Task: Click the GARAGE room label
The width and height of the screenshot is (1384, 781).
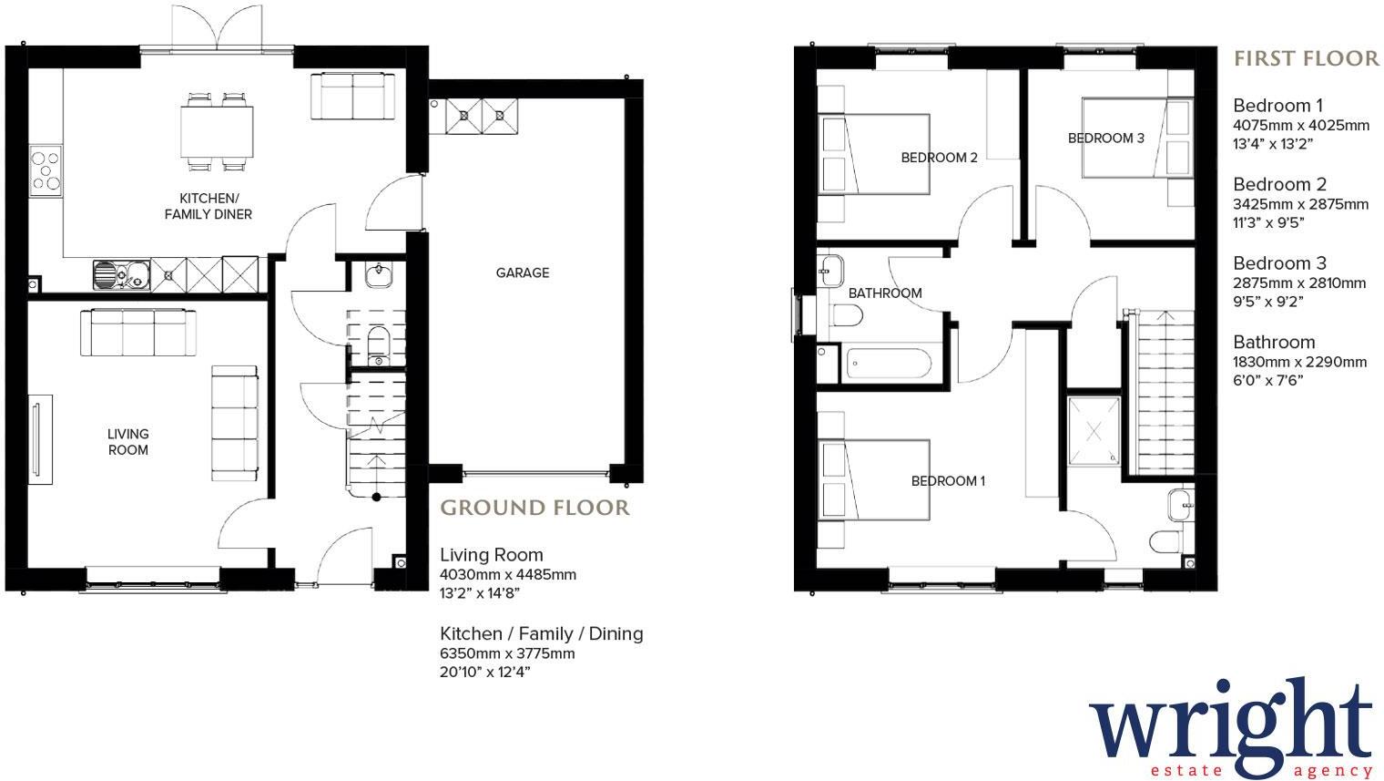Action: coord(523,272)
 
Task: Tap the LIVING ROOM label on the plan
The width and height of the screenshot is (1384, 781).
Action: coord(127,442)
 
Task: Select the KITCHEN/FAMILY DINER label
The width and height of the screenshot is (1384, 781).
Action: coord(208,206)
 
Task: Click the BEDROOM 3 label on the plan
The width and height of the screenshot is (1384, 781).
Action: coord(1106,139)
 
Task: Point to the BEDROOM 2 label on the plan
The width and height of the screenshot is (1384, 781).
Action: coord(940,158)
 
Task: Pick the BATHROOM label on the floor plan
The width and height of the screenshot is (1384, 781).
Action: coord(885,293)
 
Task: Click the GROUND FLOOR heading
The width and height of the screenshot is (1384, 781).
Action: coord(534,508)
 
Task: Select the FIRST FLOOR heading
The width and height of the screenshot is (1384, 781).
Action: coord(1306,59)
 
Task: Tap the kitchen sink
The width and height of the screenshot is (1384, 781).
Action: coord(122,272)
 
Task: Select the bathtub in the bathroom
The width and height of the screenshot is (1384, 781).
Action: coord(889,365)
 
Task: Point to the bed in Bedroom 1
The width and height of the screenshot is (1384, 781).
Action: coord(874,480)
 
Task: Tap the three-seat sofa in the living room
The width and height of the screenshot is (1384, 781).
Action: coord(138,333)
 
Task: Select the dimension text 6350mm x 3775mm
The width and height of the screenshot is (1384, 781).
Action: coord(507,653)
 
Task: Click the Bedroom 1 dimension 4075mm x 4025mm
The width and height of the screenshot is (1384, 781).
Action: coord(1301,126)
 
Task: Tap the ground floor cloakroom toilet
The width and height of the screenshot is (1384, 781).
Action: coord(378,343)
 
